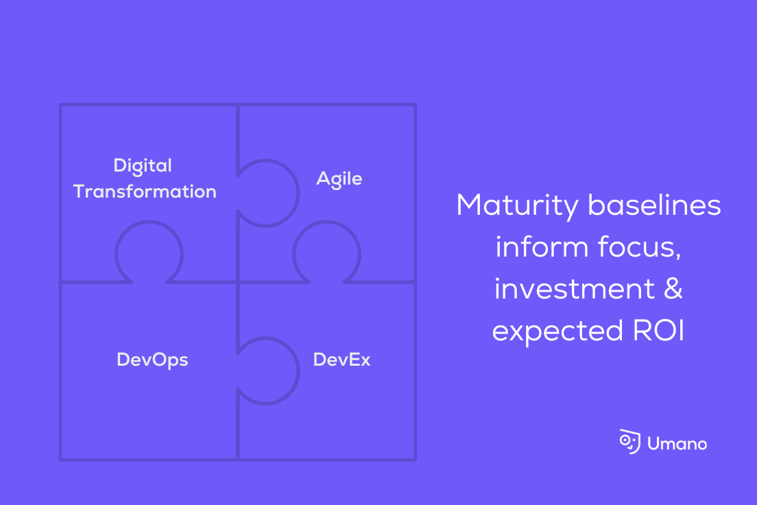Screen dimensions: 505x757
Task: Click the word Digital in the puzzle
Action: (143, 166)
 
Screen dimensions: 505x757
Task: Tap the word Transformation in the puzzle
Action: (145, 191)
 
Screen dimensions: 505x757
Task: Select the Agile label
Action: (339, 180)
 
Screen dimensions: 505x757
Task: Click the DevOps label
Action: (152, 360)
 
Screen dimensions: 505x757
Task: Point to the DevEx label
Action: (341, 360)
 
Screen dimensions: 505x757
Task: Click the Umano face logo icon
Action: (629, 442)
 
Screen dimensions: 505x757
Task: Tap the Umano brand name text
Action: (677, 444)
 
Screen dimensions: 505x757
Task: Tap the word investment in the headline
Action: (575, 289)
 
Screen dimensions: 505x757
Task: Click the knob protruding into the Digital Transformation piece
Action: (149, 252)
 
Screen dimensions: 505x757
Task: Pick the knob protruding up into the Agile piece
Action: (326, 252)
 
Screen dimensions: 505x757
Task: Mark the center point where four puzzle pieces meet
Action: (238, 282)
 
